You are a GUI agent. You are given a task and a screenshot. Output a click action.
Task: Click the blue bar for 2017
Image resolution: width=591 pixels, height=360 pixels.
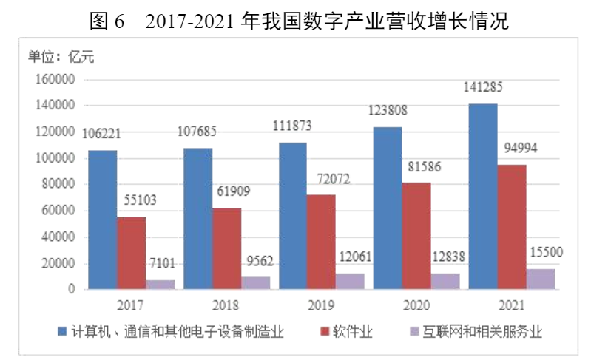point(102,220)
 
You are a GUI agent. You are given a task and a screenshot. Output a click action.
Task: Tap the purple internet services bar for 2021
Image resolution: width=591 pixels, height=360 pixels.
point(541,279)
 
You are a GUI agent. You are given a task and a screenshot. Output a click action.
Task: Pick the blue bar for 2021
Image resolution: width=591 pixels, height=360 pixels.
point(483,197)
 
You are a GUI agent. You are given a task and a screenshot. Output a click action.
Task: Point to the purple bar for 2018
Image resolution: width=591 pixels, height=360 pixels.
point(255,282)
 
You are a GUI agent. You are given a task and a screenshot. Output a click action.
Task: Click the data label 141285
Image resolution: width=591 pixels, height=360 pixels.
point(483,87)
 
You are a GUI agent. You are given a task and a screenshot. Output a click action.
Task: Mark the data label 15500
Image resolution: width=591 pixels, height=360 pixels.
point(546,252)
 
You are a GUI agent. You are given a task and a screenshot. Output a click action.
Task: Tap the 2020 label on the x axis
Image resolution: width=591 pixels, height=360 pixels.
point(416,303)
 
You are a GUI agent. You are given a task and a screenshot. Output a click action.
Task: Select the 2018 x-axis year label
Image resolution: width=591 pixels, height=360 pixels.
point(226,303)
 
